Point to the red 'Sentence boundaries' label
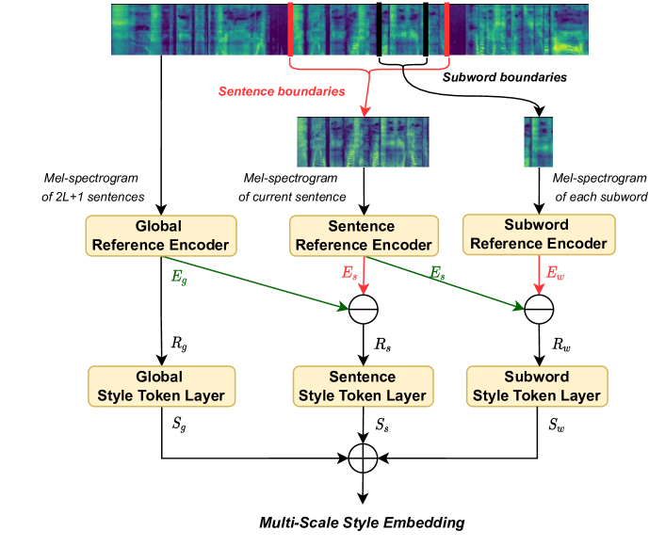coord(282,91)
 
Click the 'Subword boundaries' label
coord(505,77)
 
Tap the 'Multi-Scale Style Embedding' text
coord(363,521)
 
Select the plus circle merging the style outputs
coord(363,459)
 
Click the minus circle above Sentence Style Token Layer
coord(363,307)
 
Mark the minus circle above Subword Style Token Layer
coord(539,307)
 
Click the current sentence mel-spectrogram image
coord(363,141)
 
